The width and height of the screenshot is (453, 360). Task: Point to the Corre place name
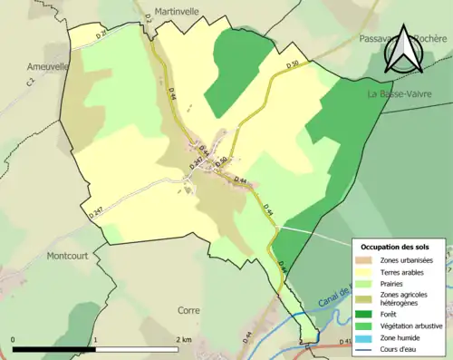tap(189, 310)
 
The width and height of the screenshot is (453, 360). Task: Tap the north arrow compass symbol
tap(403, 50)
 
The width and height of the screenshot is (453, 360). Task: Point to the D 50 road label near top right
tap(291, 65)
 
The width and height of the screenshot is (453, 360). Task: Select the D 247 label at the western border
tap(98, 213)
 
